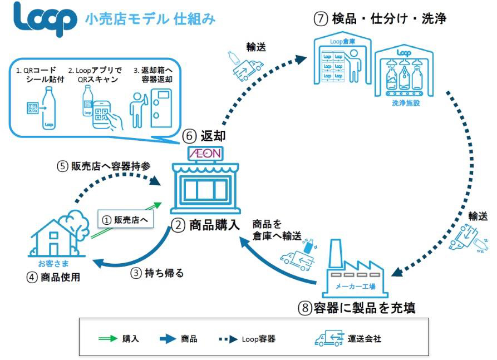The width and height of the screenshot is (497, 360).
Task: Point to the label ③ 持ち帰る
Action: point(159,273)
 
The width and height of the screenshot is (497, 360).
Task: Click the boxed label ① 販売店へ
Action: point(124,220)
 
